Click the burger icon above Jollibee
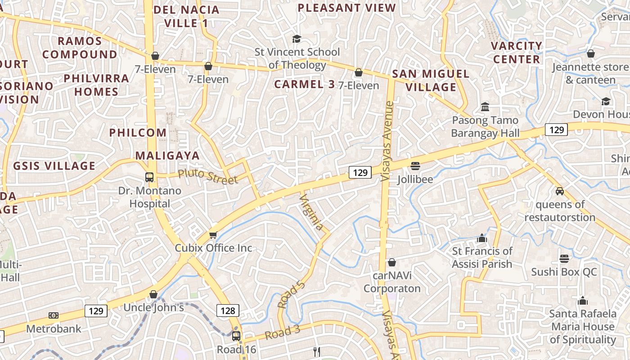click(x=415, y=166)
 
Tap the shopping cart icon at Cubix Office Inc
click(x=213, y=235)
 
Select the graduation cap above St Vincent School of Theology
click(x=296, y=39)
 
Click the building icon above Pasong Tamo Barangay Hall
click(x=485, y=107)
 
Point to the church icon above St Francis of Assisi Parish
click(x=482, y=238)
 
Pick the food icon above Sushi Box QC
click(x=564, y=259)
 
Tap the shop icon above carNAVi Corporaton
click(x=392, y=262)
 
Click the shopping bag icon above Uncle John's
click(x=153, y=294)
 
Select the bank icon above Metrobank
click(x=54, y=315)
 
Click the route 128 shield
click(x=228, y=310)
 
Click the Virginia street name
click(x=312, y=212)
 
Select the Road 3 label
click(x=282, y=333)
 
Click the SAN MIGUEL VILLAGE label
click(x=431, y=81)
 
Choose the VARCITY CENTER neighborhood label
click(x=516, y=52)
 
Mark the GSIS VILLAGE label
click(x=54, y=166)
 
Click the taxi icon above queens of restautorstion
click(x=560, y=191)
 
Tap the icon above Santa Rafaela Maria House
click(x=583, y=301)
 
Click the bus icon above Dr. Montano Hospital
click(x=149, y=177)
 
